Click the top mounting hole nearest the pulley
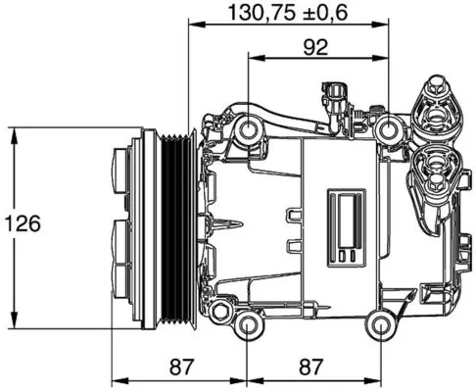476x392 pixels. tap(249, 127)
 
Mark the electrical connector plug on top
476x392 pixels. tap(336, 94)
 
